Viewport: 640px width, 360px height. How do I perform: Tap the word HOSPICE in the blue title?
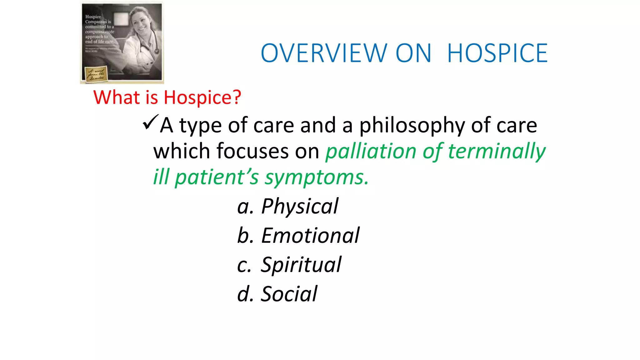click(497, 53)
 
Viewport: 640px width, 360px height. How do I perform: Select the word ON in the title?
click(413, 53)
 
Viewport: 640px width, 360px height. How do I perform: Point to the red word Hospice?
click(202, 98)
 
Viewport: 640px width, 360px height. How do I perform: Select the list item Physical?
click(300, 207)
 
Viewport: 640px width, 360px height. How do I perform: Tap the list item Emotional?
click(310, 236)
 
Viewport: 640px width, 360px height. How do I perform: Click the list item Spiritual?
click(301, 265)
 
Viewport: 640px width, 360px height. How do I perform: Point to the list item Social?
click(289, 294)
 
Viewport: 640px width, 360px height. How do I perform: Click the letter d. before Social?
click(245, 294)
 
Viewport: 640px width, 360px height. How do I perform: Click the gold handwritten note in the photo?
click(96, 74)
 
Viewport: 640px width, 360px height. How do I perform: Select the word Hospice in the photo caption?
click(93, 17)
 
